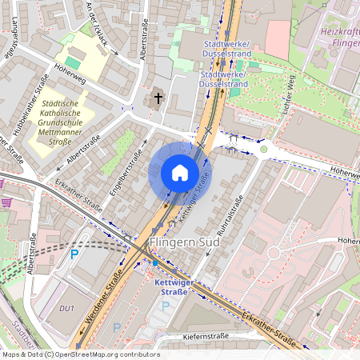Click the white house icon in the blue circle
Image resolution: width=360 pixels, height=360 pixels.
(179, 173)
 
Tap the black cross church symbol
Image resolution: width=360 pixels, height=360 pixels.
(158, 99)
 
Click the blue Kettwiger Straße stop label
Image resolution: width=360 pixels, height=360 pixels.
(170, 286)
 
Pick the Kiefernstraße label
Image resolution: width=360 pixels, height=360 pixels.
(216, 338)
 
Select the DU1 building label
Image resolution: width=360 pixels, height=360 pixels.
(66, 308)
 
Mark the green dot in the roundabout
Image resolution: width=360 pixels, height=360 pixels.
(263, 149)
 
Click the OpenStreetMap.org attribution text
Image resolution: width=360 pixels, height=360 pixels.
(104, 354)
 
